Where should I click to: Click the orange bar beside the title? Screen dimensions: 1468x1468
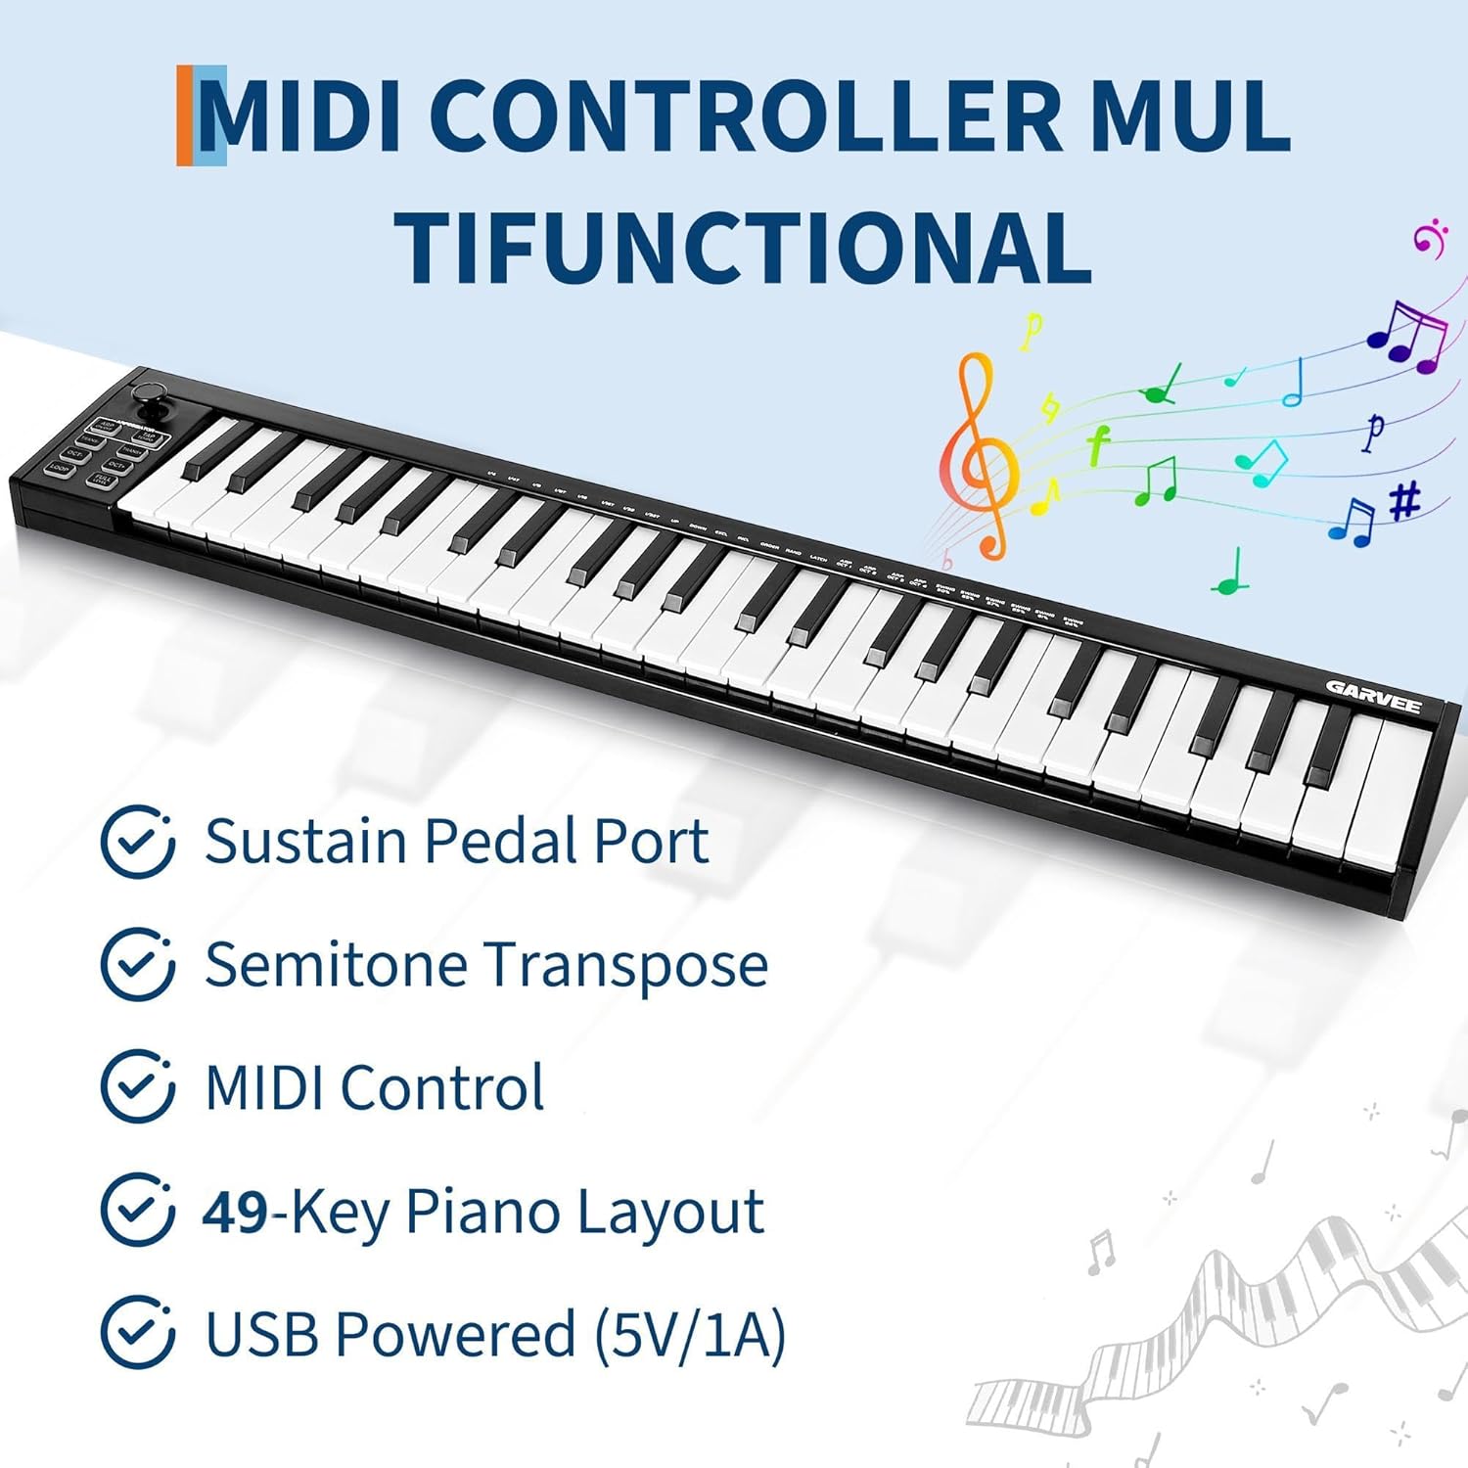[185, 115]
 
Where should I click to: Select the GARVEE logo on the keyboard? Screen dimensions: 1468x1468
[1373, 697]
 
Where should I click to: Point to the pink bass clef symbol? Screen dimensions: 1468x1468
[1429, 238]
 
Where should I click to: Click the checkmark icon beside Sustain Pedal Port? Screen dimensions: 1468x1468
[138, 842]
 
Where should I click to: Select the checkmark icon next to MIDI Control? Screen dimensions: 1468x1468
[138, 1087]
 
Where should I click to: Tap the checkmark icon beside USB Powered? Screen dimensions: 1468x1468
[138, 1333]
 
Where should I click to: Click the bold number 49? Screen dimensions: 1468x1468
[235, 1212]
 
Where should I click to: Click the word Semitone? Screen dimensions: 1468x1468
[336, 964]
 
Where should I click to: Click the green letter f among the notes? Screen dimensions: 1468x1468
[1097, 444]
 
